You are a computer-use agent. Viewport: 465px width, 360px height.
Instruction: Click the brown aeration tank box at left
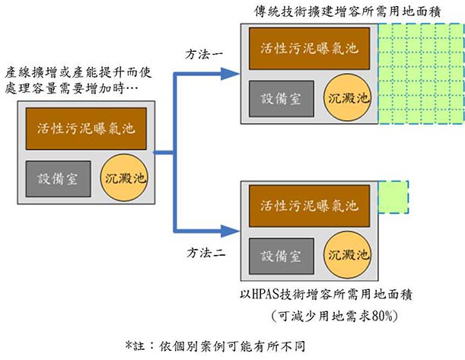click(85, 127)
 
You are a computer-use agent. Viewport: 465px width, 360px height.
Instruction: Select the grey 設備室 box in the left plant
click(57, 177)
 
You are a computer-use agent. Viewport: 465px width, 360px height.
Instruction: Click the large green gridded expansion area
click(420, 74)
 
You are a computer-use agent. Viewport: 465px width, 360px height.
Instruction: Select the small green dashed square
click(393, 196)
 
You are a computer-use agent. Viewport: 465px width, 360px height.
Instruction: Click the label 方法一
click(205, 56)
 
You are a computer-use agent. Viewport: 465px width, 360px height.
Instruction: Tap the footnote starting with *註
click(217, 345)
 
